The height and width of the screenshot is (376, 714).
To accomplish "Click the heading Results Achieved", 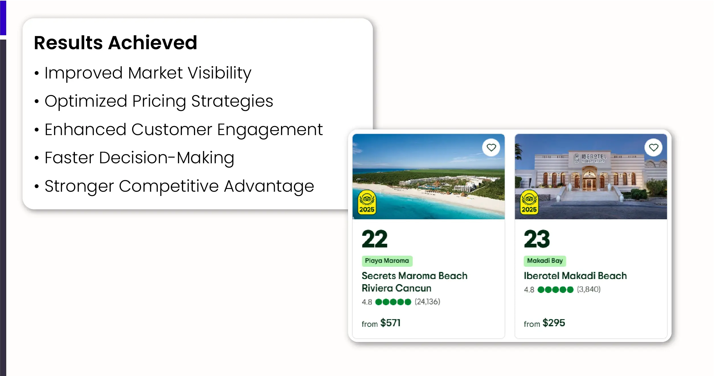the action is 116,43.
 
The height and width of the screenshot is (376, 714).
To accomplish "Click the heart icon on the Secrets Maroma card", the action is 491,148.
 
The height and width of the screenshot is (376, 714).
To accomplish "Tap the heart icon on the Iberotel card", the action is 653,148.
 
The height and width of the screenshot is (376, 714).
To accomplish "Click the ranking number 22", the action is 375,239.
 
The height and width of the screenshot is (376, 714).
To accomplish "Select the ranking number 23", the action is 537,239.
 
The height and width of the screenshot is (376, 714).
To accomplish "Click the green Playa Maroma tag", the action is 387,261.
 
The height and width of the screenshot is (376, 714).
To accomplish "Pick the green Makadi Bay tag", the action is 545,261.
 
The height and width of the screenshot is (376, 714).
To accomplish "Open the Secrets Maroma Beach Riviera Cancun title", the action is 414,282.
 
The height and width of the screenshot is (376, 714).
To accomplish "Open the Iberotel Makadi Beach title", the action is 575,276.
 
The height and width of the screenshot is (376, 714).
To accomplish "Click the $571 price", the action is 390,323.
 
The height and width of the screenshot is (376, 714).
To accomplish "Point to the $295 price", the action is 554,323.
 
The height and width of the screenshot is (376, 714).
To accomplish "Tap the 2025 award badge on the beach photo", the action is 367,202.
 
